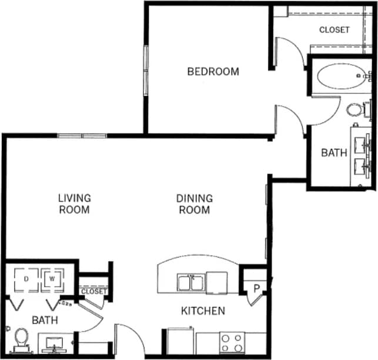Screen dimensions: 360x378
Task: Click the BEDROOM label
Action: [213, 72]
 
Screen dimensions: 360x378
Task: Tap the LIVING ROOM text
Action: [74, 204]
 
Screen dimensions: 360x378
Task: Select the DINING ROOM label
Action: [194, 204]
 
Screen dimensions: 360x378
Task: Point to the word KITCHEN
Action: [202, 311]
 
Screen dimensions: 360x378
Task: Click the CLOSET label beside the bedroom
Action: [334, 29]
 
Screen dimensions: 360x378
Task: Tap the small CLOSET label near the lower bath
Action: [94, 291]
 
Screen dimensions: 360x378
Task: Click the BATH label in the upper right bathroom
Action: [333, 153]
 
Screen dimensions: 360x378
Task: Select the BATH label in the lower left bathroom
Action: [45, 321]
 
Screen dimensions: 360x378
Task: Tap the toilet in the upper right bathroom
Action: [356, 109]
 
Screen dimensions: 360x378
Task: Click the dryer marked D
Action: [26, 279]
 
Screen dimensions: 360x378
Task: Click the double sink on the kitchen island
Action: [191, 282]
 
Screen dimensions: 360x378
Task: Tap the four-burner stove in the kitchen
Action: [232, 342]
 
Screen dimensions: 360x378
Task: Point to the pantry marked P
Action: [256, 288]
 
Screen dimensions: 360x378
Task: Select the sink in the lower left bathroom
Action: [55, 343]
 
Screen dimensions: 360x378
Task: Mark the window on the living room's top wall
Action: [82, 136]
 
